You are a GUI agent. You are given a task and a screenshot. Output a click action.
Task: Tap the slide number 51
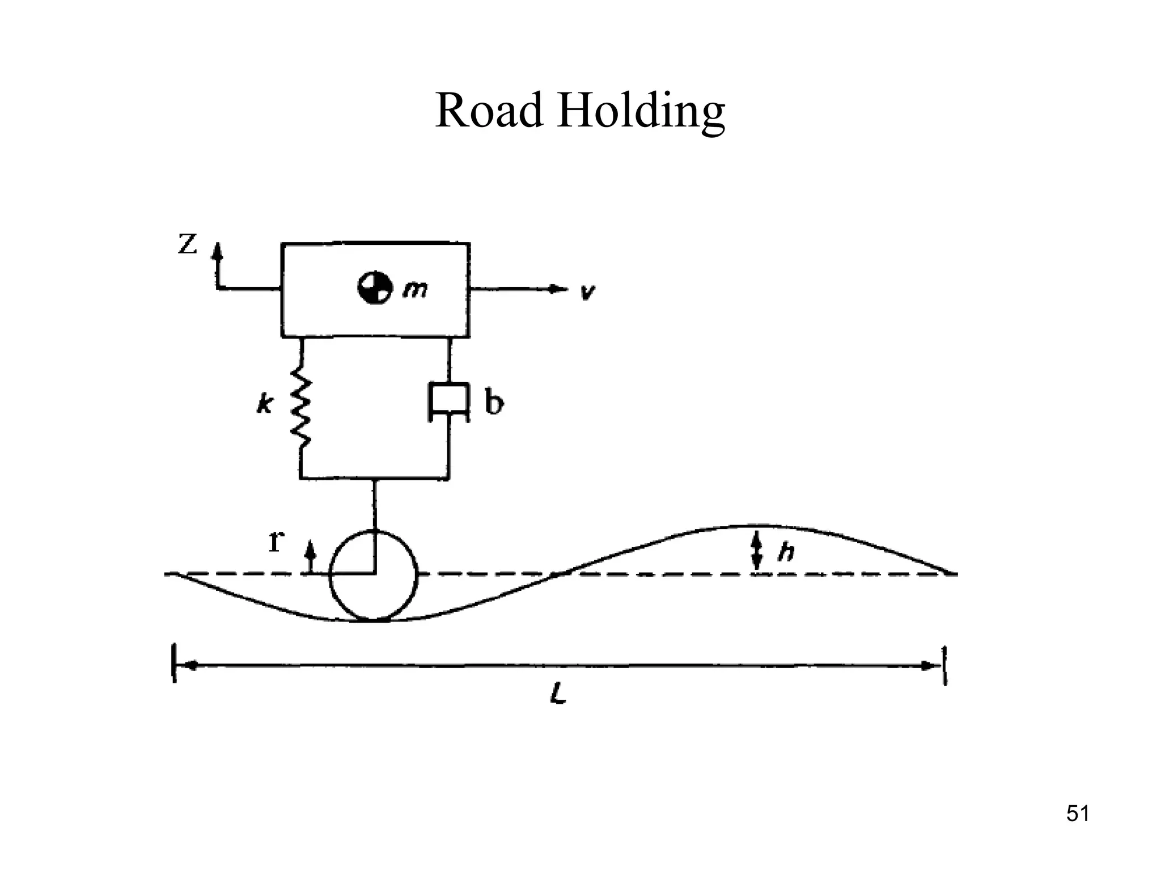pos(1077,814)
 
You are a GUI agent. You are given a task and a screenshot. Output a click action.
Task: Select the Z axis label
pos(188,244)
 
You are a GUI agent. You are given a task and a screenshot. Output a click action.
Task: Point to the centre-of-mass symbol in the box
pos(374,288)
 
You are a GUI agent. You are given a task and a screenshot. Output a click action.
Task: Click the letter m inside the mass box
pos(415,290)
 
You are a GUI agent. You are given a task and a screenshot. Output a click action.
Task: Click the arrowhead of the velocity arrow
pos(558,289)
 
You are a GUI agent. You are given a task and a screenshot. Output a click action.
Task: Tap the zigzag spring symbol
pos(301,405)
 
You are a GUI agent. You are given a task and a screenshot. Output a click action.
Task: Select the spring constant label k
pos(264,404)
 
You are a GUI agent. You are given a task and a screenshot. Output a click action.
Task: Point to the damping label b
pos(494,403)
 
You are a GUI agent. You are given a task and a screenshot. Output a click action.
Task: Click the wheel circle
pos(373,576)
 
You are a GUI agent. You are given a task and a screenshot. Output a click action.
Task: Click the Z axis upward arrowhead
pos(217,250)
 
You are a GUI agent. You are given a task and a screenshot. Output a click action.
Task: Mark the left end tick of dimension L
pos(174,663)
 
